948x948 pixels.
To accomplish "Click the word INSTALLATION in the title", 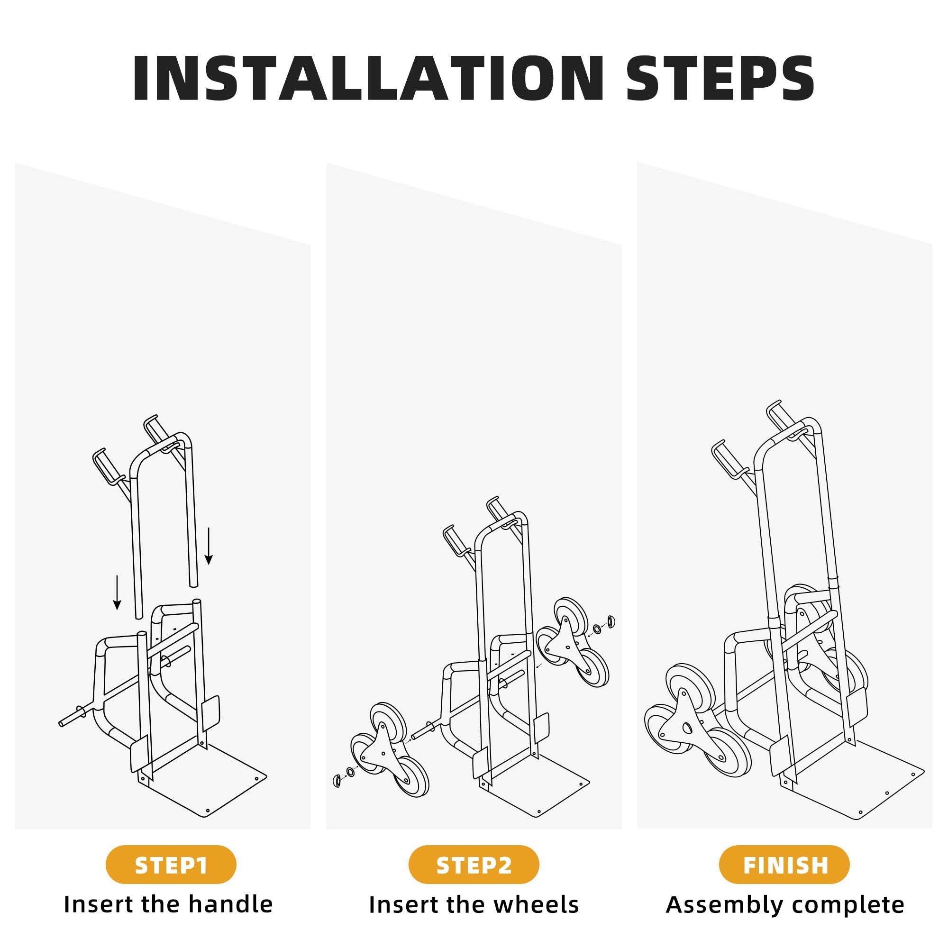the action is (x=368, y=79).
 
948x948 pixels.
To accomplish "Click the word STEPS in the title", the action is (x=720, y=79).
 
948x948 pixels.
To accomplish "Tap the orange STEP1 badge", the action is (x=171, y=864).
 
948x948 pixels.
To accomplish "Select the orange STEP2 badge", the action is (x=474, y=864).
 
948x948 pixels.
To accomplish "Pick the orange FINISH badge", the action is (x=784, y=864).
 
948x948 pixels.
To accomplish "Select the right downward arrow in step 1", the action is (x=209, y=546).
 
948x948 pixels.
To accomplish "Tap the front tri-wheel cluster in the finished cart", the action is (x=697, y=721).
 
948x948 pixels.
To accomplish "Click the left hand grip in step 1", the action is (x=104, y=465).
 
